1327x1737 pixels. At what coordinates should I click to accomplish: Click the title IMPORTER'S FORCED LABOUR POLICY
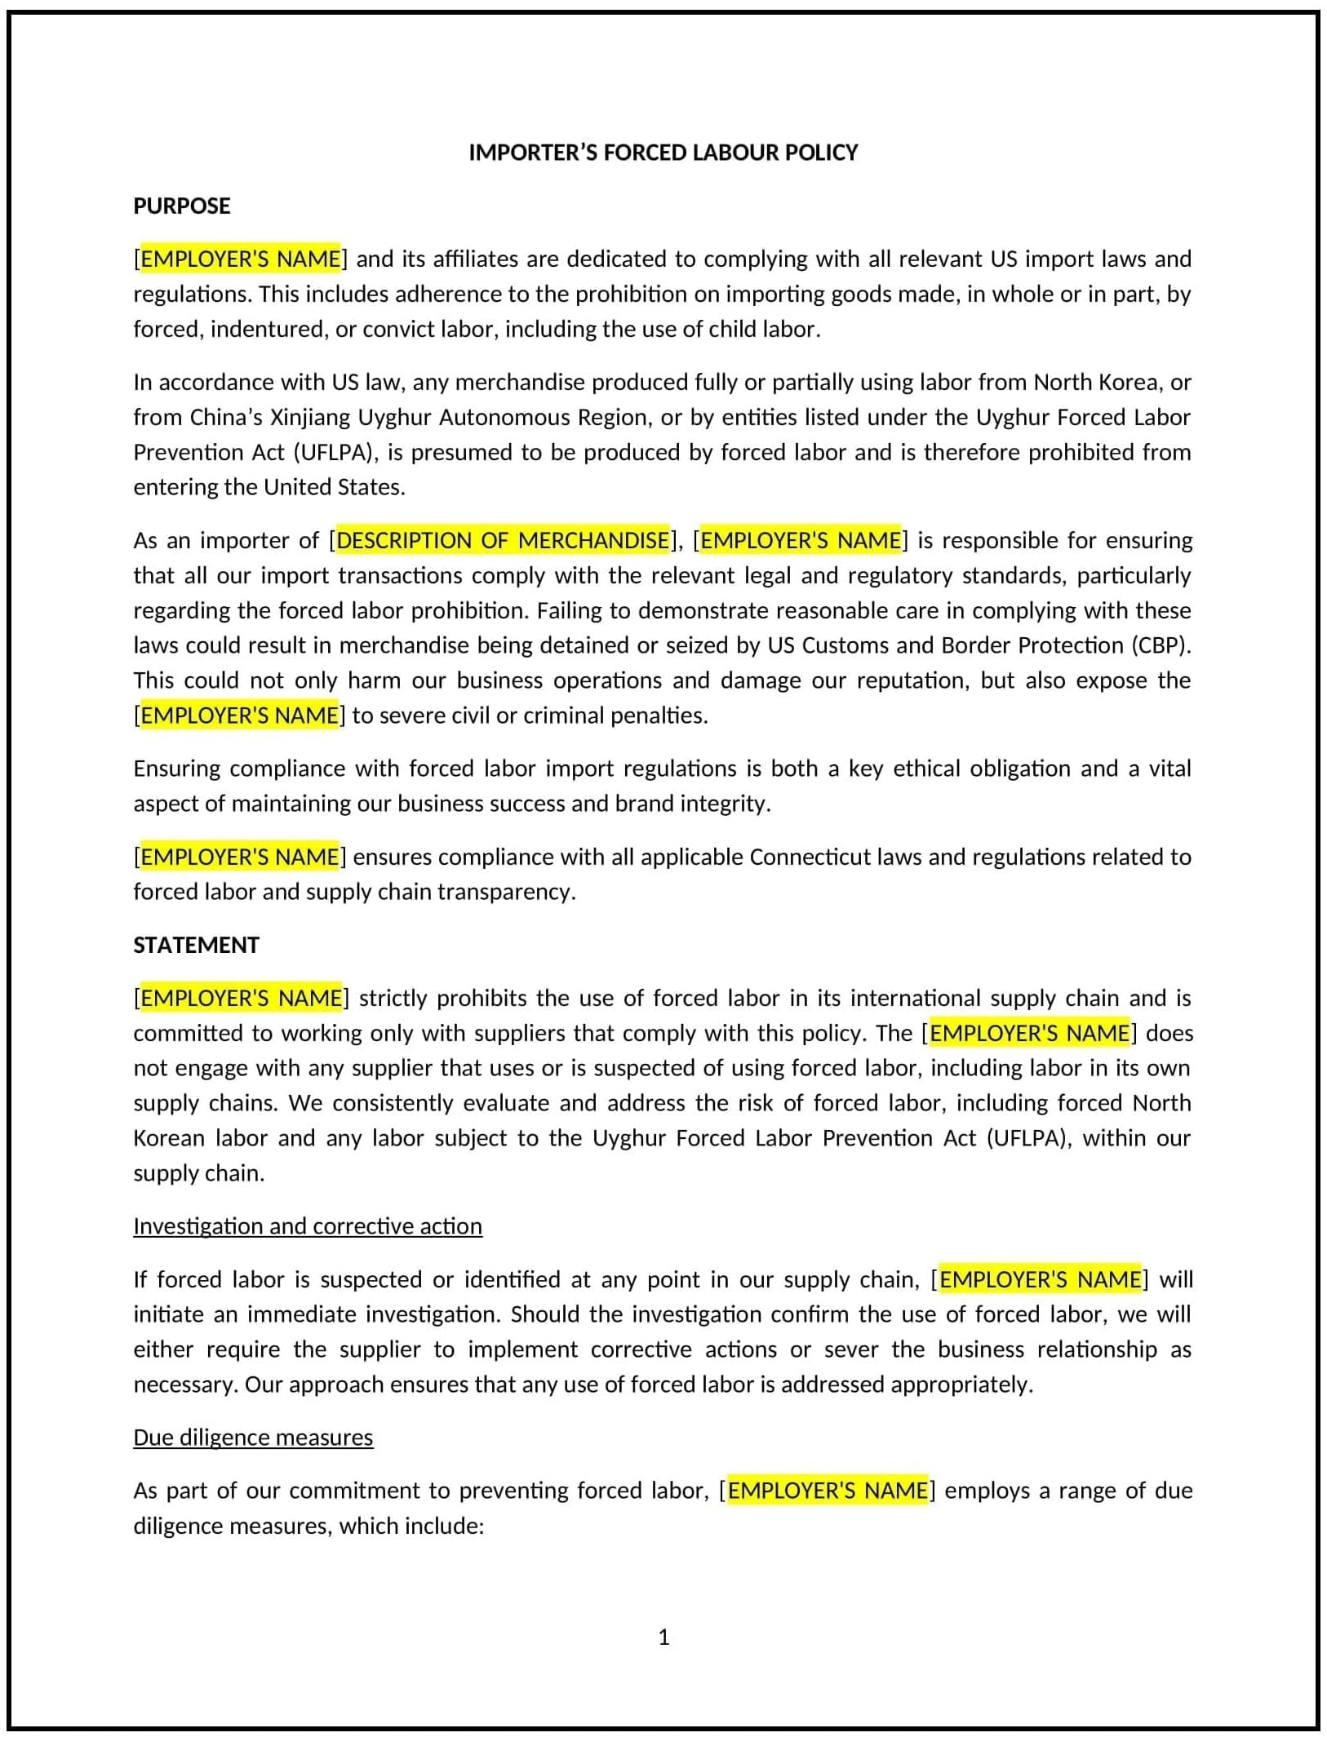(x=663, y=153)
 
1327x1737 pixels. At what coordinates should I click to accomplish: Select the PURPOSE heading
(x=181, y=206)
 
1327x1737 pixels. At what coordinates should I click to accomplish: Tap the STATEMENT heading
(x=196, y=945)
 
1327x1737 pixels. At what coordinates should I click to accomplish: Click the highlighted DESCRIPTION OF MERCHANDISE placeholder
(x=503, y=540)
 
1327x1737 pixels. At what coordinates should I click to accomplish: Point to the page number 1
(x=663, y=1637)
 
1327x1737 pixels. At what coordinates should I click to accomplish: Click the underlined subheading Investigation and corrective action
(x=308, y=1226)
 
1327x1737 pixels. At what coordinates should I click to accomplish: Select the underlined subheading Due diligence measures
(x=253, y=1438)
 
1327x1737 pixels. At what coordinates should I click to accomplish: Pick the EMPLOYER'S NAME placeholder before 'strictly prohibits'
(x=241, y=998)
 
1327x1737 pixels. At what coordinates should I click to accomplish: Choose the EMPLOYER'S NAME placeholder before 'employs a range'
(x=827, y=1491)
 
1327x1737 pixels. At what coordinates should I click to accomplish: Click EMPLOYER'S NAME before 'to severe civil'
(x=239, y=716)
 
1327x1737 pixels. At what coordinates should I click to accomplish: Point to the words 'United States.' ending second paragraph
(x=334, y=487)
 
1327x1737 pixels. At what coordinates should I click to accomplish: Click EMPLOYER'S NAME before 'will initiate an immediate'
(x=1039, y=1279)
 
